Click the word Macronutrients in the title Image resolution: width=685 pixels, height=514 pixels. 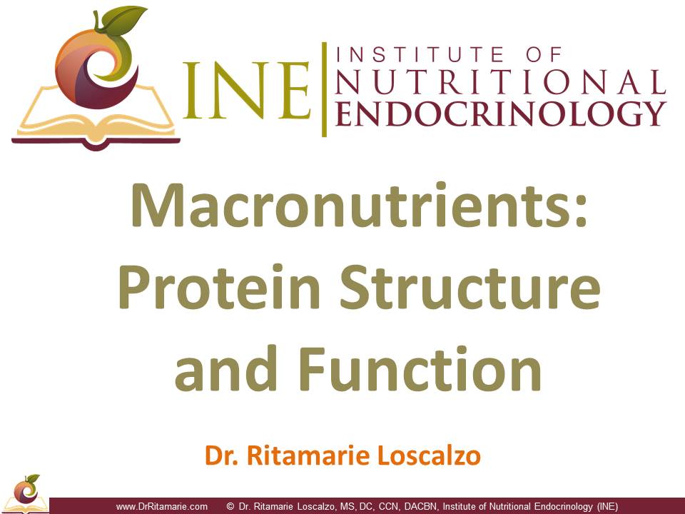pyautogui.click(x=353, y=206)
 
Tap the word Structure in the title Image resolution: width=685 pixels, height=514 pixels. pyautogui.click(x=470, y=287)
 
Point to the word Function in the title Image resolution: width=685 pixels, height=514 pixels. pyautogui.click(x=420, y=368)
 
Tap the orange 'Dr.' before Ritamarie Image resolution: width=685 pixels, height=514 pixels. pyautogui.click(x=221, y=455)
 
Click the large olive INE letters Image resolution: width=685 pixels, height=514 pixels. pyautogui.click(x=247, y=91)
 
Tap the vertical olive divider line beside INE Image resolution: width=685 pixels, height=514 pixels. pyautogui.click(x=324, y=90)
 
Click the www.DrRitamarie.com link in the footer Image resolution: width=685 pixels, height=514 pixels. pyautogui.click(x=162, y=507)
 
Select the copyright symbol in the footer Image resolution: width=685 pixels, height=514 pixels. pyautogui.click(x=230, y=507)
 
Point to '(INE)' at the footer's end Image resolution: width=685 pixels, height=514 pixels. pyautogui.click(x=608, y=507)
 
